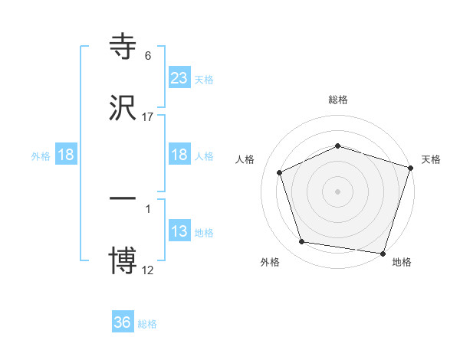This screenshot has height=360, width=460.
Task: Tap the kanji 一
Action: click(123, 198)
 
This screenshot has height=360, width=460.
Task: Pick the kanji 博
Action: click(123, 259)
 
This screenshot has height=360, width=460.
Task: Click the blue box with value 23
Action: click(179, 78)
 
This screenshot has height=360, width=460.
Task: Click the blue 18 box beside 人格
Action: click(179, 155)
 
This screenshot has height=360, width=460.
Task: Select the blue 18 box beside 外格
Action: click(66, 155)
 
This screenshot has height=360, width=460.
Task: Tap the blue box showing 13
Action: click(179, 231)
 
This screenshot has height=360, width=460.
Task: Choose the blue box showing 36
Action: click(123, 322)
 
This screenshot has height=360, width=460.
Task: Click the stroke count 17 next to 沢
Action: click(148, 116)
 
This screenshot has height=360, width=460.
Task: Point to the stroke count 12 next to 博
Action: click(148, 270)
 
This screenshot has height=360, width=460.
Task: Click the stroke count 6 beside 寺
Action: click(148, 56)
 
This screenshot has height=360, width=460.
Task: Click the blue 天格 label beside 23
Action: click(204, 79)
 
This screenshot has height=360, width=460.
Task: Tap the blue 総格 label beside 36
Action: click(147, 324)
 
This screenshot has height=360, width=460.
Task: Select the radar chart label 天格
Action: click(431, 159)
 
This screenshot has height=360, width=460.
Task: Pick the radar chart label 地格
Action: click(402, 262)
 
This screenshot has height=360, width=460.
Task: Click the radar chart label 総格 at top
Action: click(337, 100)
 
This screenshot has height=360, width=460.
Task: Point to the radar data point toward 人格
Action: click(281, 172)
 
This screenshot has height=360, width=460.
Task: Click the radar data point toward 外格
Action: click(302, 242)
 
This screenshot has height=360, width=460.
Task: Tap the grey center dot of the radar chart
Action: click(337, 191)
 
